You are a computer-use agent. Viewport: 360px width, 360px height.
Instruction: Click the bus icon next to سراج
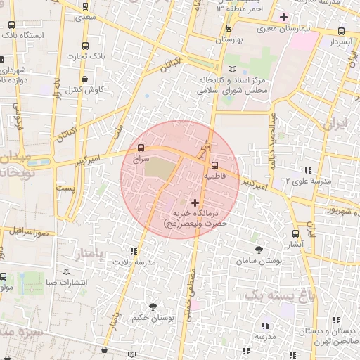pos(142,148)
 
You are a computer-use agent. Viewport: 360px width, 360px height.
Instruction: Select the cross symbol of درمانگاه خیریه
pos(195,202)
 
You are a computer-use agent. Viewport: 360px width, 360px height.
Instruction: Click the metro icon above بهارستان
pos(229,29)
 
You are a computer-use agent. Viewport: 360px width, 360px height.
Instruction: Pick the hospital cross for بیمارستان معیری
pos(283,17)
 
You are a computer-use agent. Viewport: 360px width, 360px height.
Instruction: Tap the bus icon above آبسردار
pos(342,31)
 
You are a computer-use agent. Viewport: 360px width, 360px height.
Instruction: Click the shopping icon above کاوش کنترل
pos(85,79)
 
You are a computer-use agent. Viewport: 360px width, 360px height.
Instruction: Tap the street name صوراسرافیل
pos(29,231)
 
